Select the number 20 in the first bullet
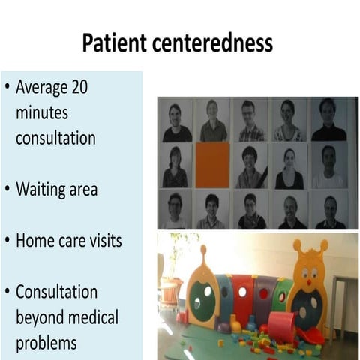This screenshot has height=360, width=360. pos(79,87)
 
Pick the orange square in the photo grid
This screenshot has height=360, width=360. pos(212,165)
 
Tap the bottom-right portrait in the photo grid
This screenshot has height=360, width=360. pos(329,211)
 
